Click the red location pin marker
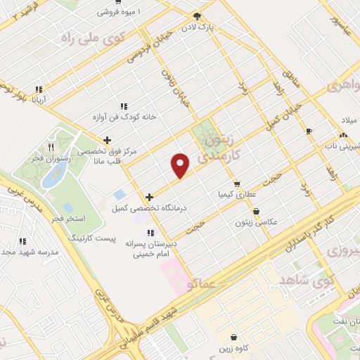(x=181, y=165)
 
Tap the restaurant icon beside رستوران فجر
(x=50, y=146)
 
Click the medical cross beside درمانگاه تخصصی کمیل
(x=149, y=198)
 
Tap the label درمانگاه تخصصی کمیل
(x=141, y=208)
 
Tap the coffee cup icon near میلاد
(x=308, y=131)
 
